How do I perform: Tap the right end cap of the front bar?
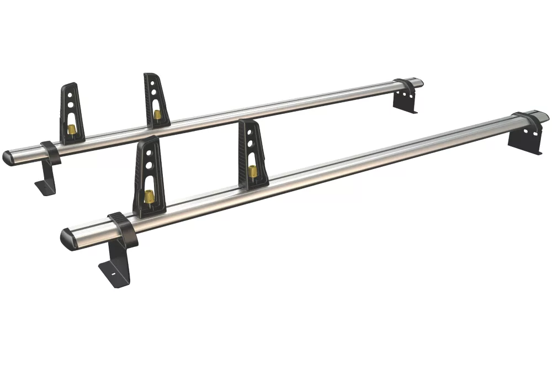(x=544, y=116)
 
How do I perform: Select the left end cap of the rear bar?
(x=9, y=157)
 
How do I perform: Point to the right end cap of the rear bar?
(x=418, y=83)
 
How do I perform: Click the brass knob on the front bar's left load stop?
(x=148, y=196)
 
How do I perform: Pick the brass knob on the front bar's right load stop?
(x=253, y=171)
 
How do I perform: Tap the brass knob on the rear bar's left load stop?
(x=72, y=129)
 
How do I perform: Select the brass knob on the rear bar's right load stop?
(x=157, y=115)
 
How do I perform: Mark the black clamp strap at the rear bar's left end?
(x=50, y=152)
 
